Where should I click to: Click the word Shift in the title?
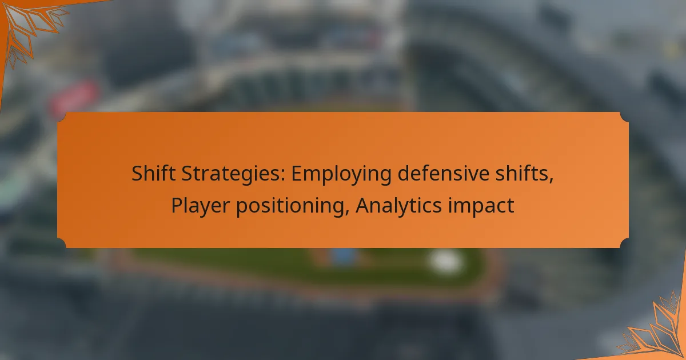pos(153,173)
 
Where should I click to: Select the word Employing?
pos(341,174)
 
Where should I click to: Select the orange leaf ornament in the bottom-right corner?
pos(655,329)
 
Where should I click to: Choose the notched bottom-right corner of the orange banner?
pos(624,243)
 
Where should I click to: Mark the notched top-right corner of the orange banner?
pos(624,117)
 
